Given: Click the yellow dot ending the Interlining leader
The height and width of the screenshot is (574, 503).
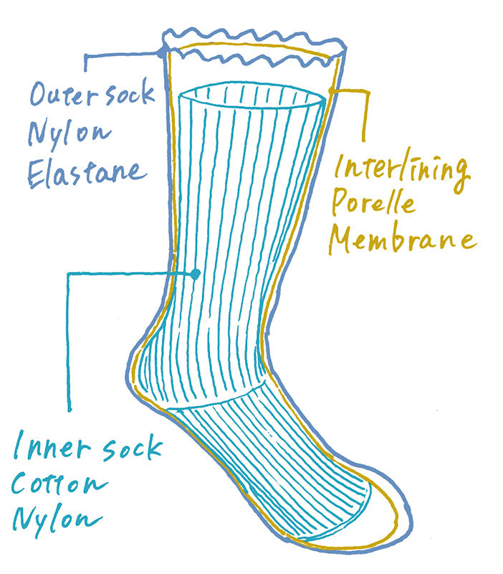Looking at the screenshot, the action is [x=331, y=90].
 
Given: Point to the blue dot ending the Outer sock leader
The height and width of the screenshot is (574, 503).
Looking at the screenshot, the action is [x=161, y=52].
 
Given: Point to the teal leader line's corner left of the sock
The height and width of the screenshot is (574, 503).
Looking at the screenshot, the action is [x=69, y=273].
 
